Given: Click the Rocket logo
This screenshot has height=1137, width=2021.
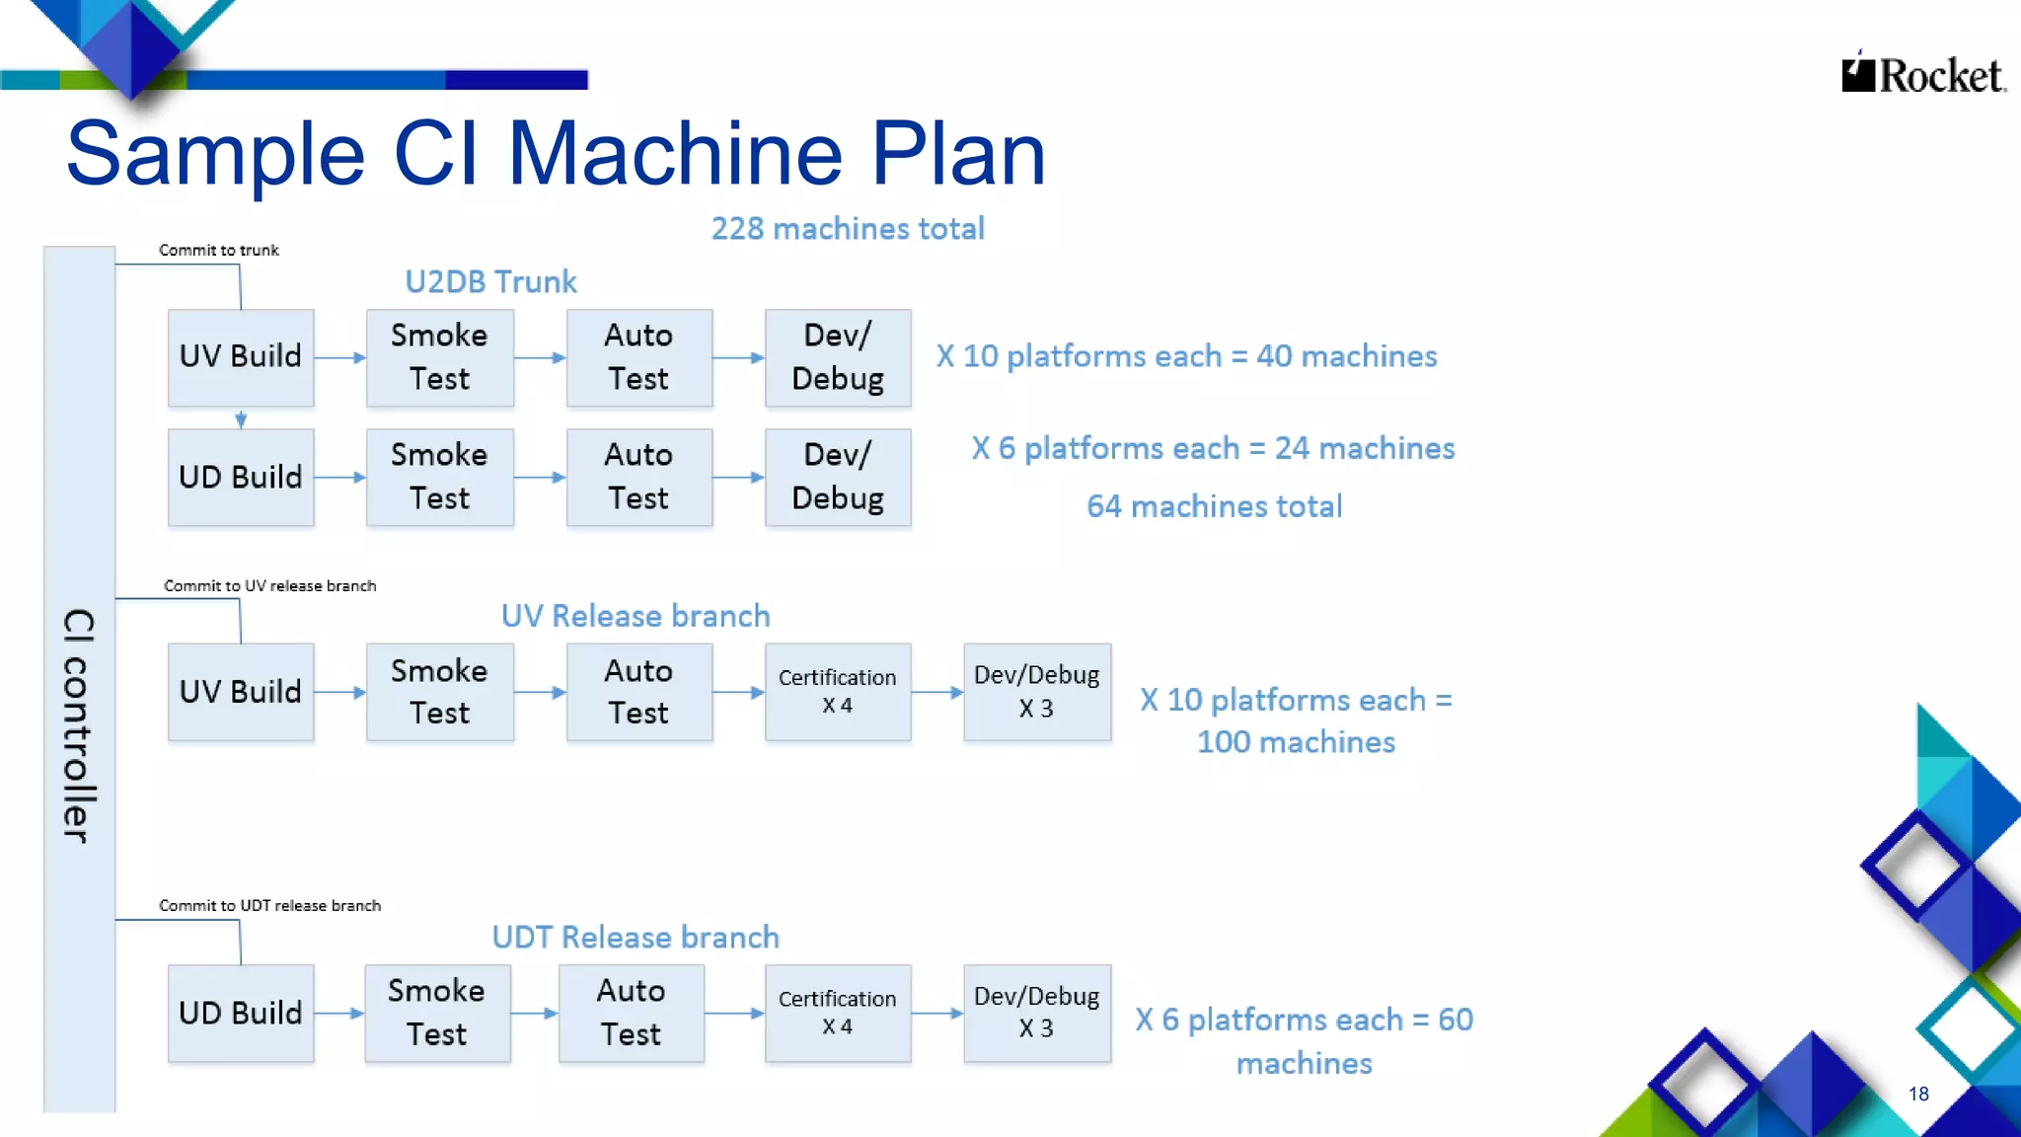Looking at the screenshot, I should point(1922,75).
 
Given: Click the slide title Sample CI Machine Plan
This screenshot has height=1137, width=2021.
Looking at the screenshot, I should point(556,154).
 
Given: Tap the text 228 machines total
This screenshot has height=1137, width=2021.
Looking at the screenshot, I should point(848,229).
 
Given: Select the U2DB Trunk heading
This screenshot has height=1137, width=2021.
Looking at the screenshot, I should point(490,282).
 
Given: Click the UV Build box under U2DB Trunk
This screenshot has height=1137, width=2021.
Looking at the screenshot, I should point(241,357).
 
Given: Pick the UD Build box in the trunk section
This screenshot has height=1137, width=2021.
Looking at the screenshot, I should point(241,477).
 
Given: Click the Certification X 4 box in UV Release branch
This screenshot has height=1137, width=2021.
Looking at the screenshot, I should point(838,692).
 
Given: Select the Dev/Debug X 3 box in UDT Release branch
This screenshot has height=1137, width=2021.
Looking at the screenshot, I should point(1036,1013).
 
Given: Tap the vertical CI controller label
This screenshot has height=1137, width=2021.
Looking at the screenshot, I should point(79,725).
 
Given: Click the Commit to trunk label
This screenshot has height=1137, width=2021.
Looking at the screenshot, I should point(219,251).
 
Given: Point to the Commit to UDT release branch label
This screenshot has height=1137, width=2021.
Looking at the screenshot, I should point(269,906).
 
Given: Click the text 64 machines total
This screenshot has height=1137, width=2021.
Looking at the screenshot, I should point(1214,507).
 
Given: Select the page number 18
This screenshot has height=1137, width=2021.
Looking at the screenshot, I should point(1918,1094).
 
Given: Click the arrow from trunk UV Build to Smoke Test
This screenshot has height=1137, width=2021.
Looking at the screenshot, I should point(340,358).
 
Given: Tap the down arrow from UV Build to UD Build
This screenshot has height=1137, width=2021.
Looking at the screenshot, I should point(241,418).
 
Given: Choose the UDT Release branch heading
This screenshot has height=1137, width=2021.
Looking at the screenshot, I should point(636,938).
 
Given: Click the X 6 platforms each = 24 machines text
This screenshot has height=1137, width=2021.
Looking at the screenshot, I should point(1213,449).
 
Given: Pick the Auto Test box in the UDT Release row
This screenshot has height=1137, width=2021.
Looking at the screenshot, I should point(632,1013).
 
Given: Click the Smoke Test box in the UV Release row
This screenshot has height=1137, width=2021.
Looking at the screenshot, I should point(440,692).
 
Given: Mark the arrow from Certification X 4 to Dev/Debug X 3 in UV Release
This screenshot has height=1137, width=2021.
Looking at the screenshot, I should point(937,693).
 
